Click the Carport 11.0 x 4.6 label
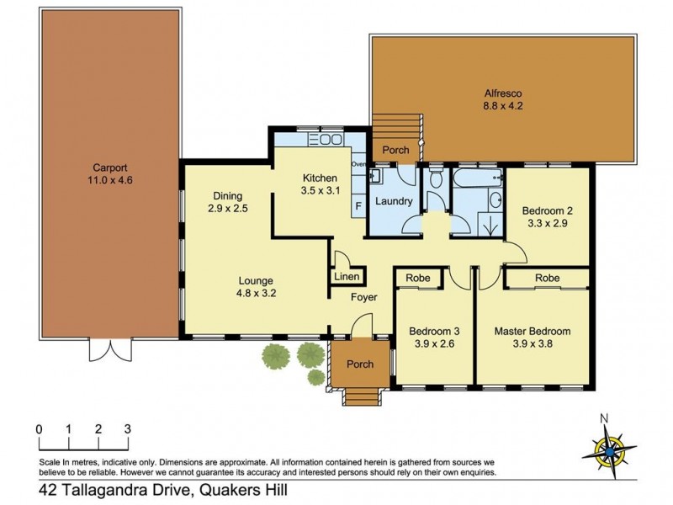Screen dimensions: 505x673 111,173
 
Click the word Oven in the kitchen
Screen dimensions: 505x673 358,164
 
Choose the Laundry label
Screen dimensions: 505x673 394,201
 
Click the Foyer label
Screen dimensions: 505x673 364,297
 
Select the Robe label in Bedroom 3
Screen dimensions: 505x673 418,277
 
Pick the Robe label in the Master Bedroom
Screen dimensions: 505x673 548,277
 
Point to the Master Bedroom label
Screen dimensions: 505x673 532,331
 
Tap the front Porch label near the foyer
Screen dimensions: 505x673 360,364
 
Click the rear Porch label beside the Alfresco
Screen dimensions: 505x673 395,151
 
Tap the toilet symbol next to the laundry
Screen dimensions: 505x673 436,178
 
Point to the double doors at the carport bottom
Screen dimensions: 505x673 111,348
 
